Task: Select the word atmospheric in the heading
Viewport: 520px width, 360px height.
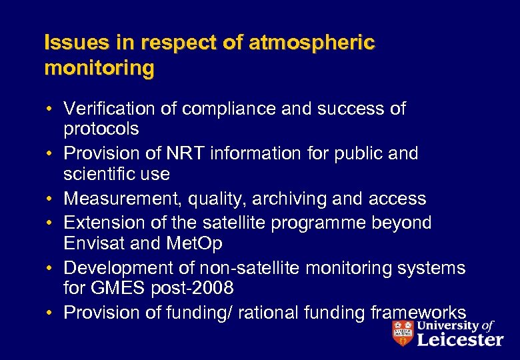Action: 311,43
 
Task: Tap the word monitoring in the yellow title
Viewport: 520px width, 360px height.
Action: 99,67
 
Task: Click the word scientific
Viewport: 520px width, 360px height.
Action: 105,174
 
